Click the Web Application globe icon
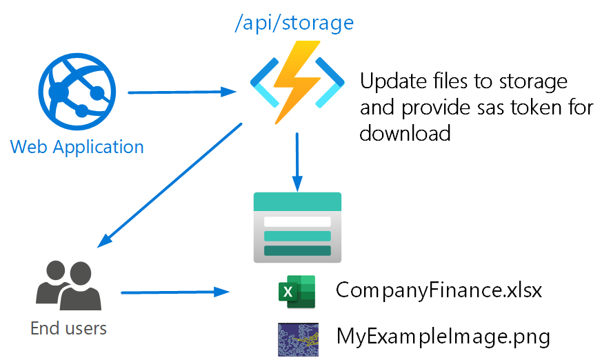point(76,92)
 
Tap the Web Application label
point(77,146)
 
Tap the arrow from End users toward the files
point(175,292)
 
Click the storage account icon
point(297,227)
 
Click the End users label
point(68,328)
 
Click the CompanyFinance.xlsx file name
point(439,290)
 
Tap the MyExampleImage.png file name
point(443,337)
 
